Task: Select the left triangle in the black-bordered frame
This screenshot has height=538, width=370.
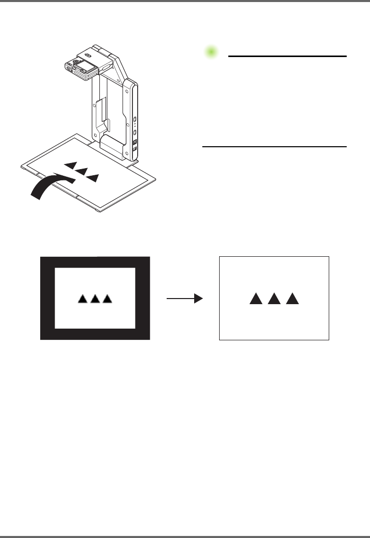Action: click(x=83, y=299)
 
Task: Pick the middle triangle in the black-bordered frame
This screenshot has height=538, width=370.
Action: click(x=95, y=299)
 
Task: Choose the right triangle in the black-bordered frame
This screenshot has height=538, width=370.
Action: click(x=107, y=299)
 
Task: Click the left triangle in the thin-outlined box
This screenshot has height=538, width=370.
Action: click(x=255, y=299)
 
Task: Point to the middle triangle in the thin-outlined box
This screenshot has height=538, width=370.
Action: click(x=274, y=299)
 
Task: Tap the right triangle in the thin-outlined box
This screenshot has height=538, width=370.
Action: click(x=292, y=299)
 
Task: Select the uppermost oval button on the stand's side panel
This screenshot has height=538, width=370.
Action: click(x=135, y=120)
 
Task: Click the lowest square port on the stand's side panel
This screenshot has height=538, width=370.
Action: click(x=135, y=149)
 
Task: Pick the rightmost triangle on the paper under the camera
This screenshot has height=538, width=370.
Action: click(x=93, y=177)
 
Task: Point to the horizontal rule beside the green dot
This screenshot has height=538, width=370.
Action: click(x=287, y=56)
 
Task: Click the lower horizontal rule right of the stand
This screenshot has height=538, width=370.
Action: click(x=274, y=147)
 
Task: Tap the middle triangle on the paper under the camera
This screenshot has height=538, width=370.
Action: click(x=82, y=171)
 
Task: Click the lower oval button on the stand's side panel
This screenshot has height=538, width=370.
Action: click(x=135, y=131)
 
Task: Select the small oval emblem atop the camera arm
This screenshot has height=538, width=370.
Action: click(x=88, y=57)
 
